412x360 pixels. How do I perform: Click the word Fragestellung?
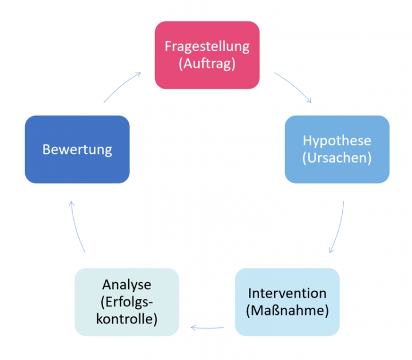coord(207,46)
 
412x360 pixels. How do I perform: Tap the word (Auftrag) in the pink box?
coord(207,64)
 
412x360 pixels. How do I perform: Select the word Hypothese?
coord(336,141)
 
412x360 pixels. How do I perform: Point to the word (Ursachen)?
coord(336,158)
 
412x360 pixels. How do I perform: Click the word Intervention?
coord(287,293)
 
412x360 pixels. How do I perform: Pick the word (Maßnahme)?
coord(287,311)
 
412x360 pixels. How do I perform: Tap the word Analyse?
coord(126,284)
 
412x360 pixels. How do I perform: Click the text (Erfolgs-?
coord(126,301)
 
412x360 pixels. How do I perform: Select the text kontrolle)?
coord(126,318)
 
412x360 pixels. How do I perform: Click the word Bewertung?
coord(77,150)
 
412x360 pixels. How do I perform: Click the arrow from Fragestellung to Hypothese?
coord(294,87)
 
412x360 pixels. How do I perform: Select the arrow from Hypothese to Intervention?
coord(339,227)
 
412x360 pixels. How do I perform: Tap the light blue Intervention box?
coord(287,326)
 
